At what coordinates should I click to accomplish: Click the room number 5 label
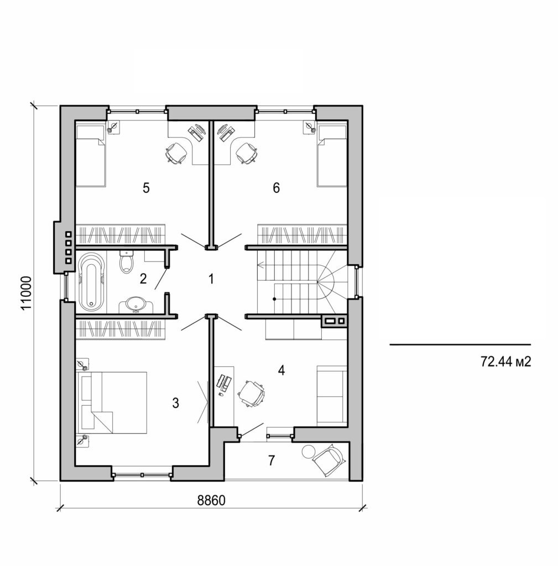145,188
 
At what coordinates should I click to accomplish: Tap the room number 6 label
276,188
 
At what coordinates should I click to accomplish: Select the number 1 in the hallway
210,279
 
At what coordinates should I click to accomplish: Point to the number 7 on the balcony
271,460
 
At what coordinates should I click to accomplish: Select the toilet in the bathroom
127,262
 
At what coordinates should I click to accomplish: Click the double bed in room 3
113,402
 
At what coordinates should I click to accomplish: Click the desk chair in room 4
252,393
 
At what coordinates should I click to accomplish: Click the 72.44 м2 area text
505,361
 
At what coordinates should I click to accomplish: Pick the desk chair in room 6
246,153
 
